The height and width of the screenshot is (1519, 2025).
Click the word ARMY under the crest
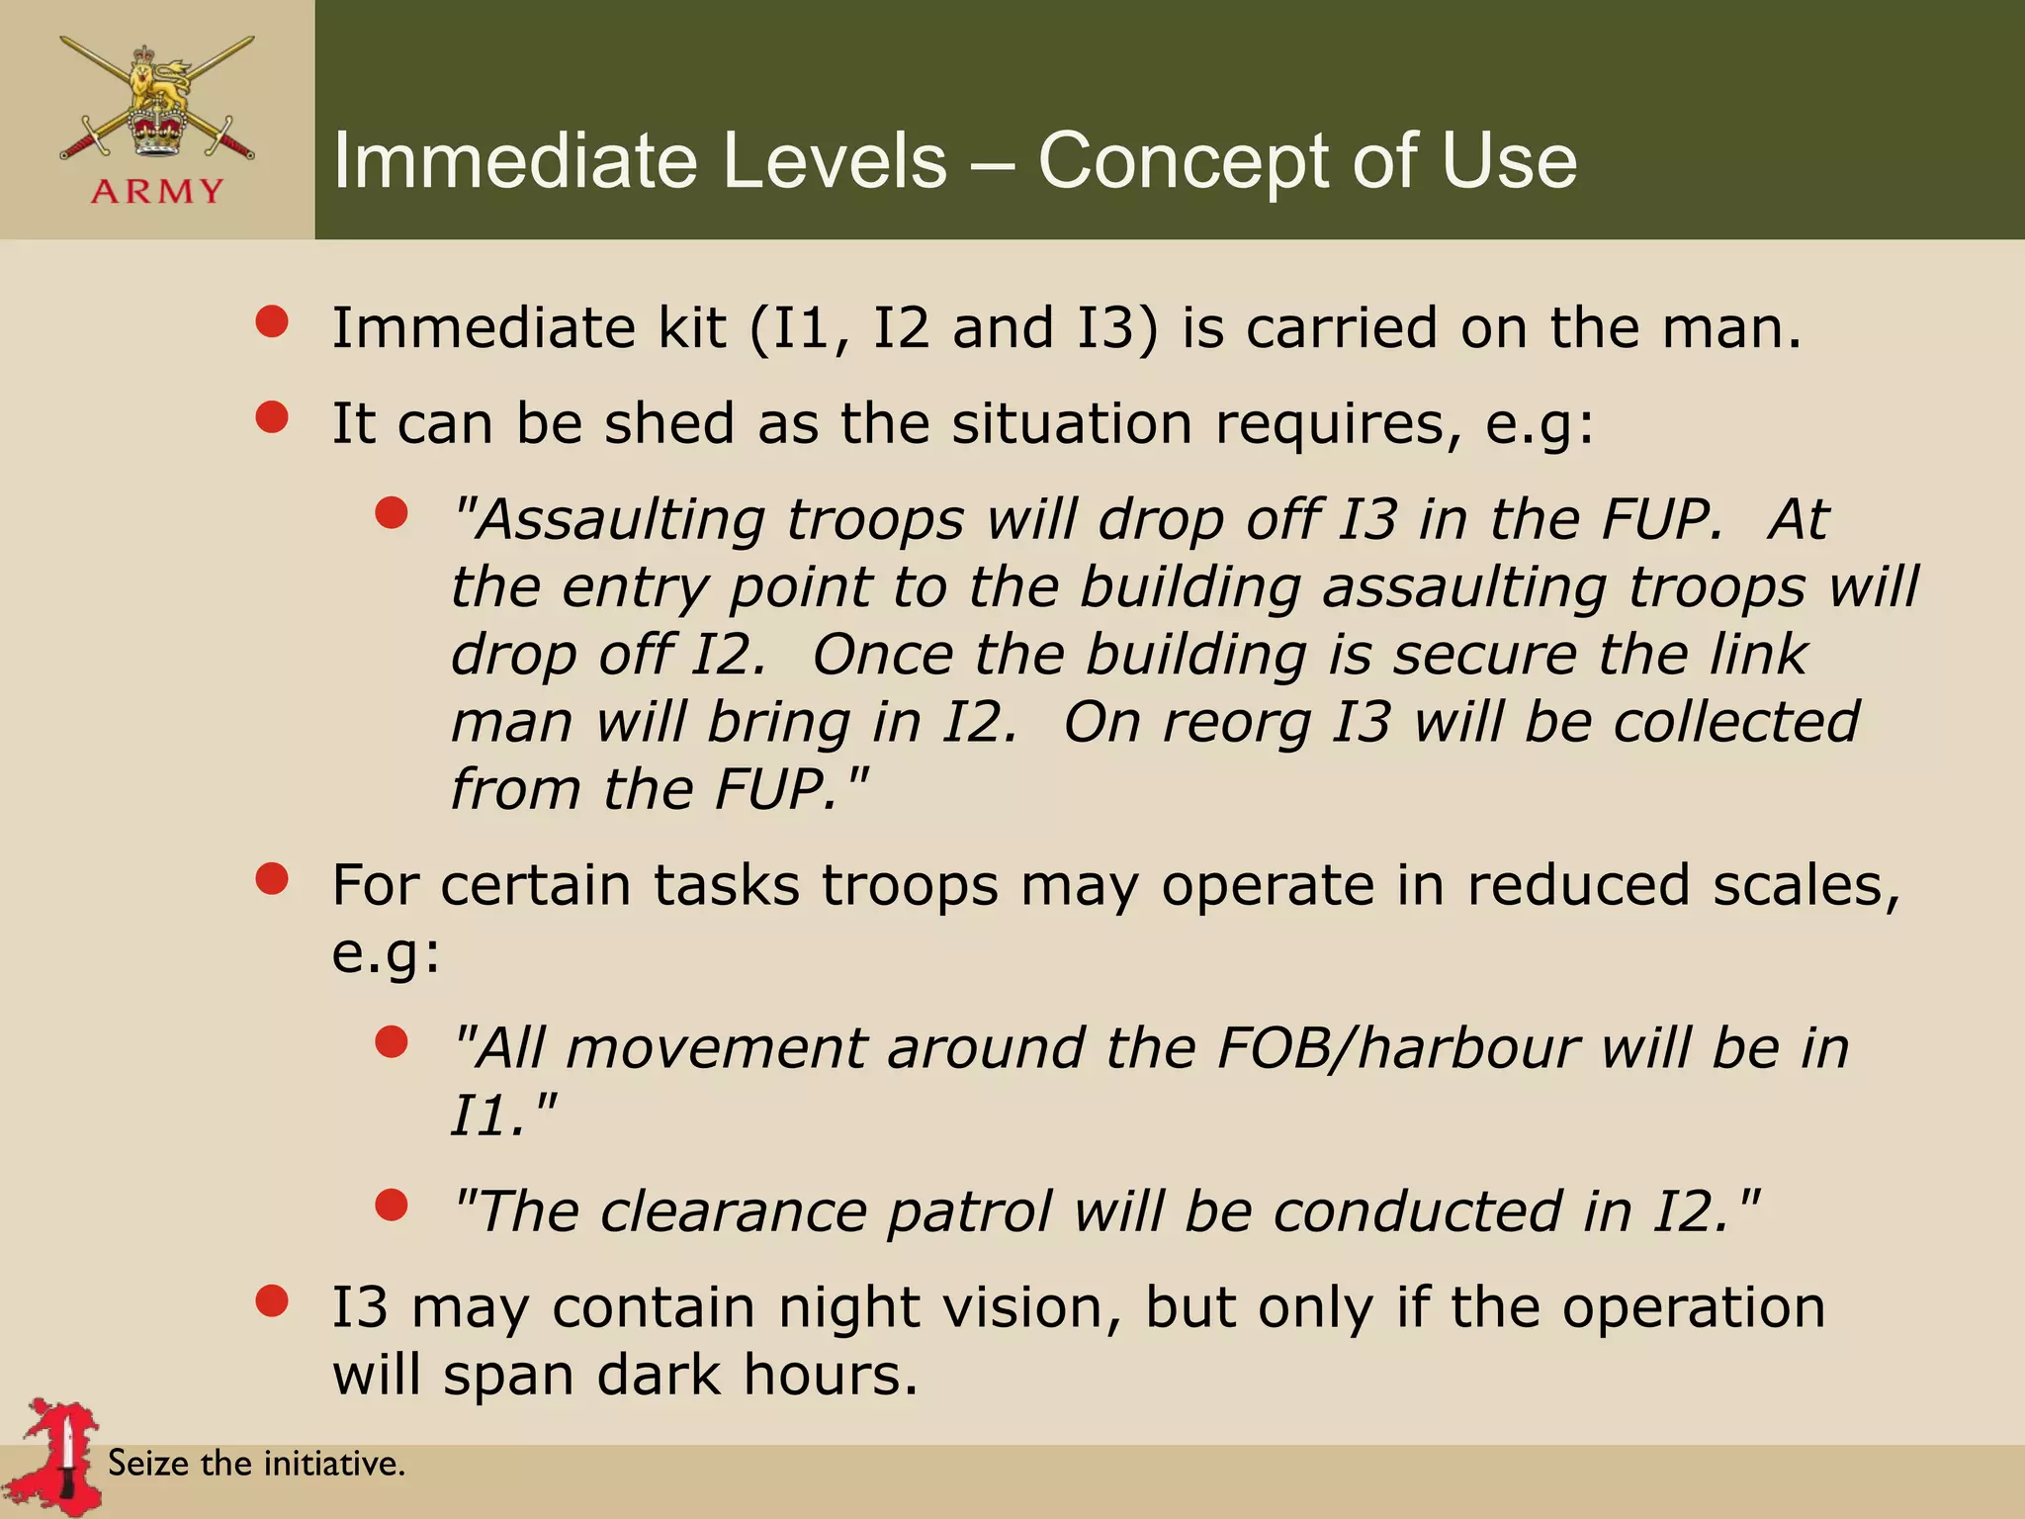click(157, 191)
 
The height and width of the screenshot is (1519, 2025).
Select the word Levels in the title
click(834, 161)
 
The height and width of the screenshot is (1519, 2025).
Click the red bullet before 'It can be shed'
click(271, 417)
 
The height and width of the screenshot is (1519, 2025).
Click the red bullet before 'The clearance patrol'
click(392, 1205)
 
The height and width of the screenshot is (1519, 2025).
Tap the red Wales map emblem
click(60, 1453)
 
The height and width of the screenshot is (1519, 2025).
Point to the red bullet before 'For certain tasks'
click(271, 878)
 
